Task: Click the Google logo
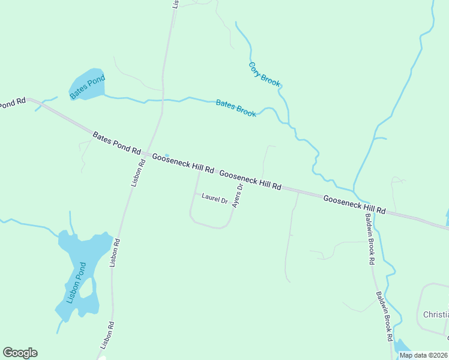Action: pyautogui.click(x=20, y=353)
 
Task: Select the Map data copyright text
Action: pyautogui.click(x=423, y=355)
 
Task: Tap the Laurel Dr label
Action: pyautogui.click(x=214, y=197)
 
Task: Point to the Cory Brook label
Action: pyautogui.click(x=264, y=74)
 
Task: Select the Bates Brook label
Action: pyautogui.click(x=236, y=108)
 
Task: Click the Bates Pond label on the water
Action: pyautogui.click(x=87, y=86)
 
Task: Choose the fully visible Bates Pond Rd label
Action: pyautogui.click(x=116, y=144)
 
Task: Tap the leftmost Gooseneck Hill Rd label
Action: pyautogui.click(x=183, y=163)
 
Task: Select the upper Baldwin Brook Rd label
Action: pyautogui.click(x=370, y=239)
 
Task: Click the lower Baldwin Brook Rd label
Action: pyautogui.click(x=384, y=316)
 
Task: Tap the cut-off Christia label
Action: pyautogui.click(x=436, y=314)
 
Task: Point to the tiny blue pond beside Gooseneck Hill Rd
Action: pyautogui.click(x=167, y=155)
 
